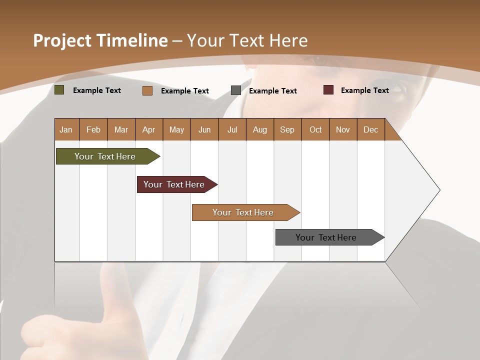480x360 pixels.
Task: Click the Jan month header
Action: coord(66,129)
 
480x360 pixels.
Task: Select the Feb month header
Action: coord(93,129)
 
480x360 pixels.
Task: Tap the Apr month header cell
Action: coord(149,129)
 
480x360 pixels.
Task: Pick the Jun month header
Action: coord(204,129)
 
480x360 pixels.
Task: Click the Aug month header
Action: coord(260,129)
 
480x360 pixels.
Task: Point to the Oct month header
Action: coord(315,129)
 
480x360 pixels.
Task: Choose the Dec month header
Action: coord(371,129)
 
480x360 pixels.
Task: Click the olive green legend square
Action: coord(59,90)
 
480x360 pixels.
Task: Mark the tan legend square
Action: coord(147,90)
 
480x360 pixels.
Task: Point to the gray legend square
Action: coord(236,90)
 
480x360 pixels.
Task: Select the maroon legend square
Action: coord(328,90)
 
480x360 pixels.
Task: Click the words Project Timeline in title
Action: coord(100,40)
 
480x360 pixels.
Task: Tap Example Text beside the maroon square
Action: coord(364,90)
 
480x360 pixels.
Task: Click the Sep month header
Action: coord(287,129)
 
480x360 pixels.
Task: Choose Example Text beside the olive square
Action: coord(97,90)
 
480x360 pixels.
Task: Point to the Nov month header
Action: coord(343,129)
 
